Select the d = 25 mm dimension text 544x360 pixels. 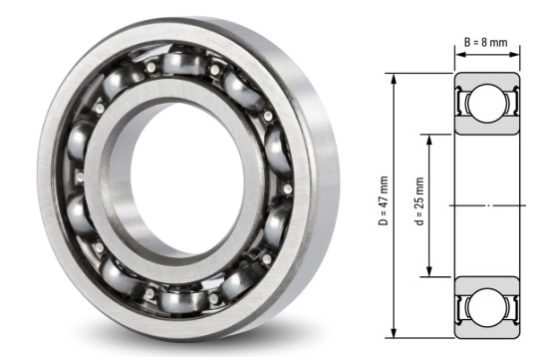click(x=417, y=204)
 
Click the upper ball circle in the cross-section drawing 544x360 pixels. click(x=488, y=104)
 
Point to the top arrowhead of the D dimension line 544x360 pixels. click(x=397, y=77)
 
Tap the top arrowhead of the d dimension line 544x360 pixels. click(x=429, y=139)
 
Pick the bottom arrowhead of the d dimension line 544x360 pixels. click(x=429, y=272)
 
